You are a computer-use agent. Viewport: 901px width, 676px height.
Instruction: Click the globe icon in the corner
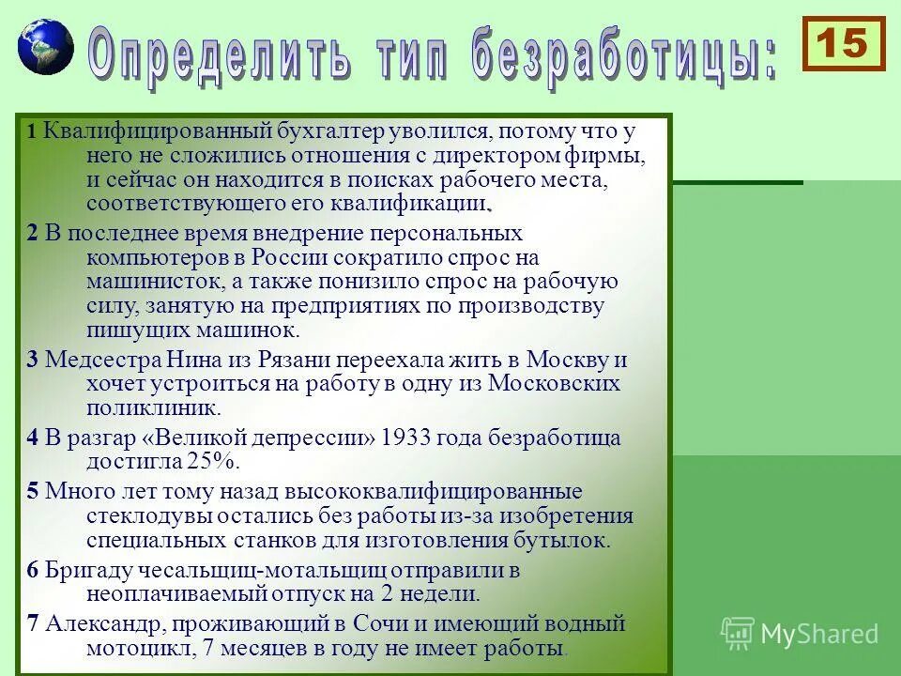click(x=44, y=46)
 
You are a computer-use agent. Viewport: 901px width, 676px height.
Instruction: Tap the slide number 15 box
click(x=843, y=43)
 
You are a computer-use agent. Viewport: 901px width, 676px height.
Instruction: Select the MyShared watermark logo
click(x=800, y=633)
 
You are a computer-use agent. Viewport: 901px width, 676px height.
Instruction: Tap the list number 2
click(x=33, y=233)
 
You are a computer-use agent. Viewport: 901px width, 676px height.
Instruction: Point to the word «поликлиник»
click(x=153, y=408)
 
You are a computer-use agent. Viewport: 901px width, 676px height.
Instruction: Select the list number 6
click(x=33, y=570)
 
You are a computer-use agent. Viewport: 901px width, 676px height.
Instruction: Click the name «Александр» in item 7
click(x=103, y=623)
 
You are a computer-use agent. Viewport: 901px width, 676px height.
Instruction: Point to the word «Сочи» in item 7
click(x=379, y=623)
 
